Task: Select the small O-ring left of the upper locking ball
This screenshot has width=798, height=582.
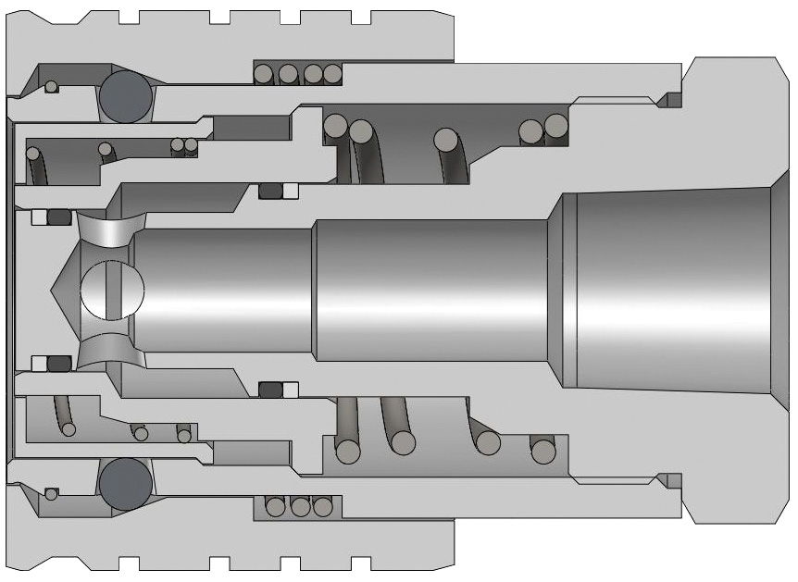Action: click(52, 87)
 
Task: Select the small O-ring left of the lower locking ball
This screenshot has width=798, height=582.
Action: click(52, 493)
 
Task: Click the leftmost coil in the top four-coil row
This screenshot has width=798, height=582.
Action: click(266, 73)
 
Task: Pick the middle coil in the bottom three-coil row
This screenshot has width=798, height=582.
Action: click(299, 507)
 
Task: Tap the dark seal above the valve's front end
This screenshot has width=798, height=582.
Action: click(59, 218)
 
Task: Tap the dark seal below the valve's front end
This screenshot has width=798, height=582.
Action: click(59, 362)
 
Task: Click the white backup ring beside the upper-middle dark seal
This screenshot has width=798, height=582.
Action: click(290, 192)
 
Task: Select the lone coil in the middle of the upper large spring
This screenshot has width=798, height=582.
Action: click(447, 140)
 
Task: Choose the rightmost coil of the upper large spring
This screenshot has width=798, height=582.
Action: click(555, 125)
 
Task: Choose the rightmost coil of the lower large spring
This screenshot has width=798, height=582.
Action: click(542, 451)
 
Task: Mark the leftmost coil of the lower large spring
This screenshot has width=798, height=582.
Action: click(348, 451)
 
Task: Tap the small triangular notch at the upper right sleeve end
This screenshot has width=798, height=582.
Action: click(664, 99)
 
